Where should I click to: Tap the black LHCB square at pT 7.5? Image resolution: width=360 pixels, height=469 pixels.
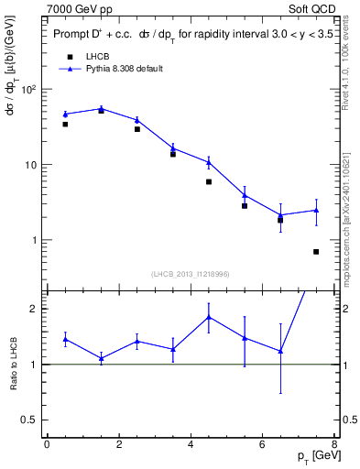pyautogui.click(x=316, y=251)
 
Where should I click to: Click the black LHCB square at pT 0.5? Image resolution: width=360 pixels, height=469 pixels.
pyautogui.click(x=65, y=124)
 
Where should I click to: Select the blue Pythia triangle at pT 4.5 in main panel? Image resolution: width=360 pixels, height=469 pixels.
pyautogui.click(x=209, y=162)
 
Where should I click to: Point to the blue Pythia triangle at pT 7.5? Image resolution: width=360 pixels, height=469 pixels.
pyautogui.click(x=316, y=210)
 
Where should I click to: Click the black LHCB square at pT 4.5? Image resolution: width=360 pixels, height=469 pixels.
pyautogui.click(x=209, y=181)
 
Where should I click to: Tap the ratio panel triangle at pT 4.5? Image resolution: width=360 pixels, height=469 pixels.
pyautogui.click(x=209, y=317)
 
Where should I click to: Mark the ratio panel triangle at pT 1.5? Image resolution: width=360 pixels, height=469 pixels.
pyautogui.click(x=101, y=358)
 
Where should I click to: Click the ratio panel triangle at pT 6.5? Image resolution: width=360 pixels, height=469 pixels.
pyautogui.click(x=280, y=351)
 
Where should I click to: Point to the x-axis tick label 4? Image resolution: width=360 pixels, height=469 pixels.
pyautogui.click(x=191, y=444)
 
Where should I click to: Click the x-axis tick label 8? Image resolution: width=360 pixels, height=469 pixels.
pyautogui.click(x=334, y=444)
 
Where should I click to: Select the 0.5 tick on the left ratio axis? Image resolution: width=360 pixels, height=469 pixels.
pyautogui.click(x=35, y=420)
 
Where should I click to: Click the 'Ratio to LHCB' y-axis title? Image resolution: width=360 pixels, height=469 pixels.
pyautogui.click(x=14, y=363)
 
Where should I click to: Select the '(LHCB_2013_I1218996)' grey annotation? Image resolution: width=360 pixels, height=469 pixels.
pyautogui.click(x=191, y=274)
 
